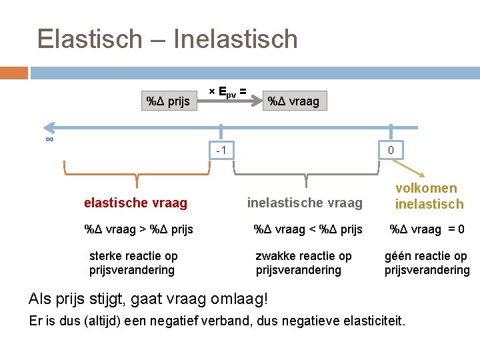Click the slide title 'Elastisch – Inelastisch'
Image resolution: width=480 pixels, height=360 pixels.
tap(167, 39)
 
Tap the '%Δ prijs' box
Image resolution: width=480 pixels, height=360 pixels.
tap(168, 101)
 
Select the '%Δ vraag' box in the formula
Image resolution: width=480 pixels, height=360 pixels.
tap(293, 101)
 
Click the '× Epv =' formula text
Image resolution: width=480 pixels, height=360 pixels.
tap(227, 91)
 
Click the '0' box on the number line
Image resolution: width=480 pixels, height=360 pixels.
tap(391, 151)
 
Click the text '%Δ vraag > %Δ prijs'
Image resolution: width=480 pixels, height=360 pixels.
tap(139, 230)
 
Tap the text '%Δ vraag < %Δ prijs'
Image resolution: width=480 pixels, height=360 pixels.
tap(308, 230)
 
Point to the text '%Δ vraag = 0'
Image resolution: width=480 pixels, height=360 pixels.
tap(427, 230)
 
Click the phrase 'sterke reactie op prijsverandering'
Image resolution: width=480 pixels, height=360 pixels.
tap(133, 263)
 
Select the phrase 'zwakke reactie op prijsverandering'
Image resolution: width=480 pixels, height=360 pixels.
tap(303, 263)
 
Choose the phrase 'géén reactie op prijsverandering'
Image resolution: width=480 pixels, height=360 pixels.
tap(427, 263)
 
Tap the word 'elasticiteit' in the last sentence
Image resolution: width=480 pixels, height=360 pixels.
tap(371, 321)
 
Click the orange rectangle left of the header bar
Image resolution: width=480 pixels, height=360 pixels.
tap(14, 73)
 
